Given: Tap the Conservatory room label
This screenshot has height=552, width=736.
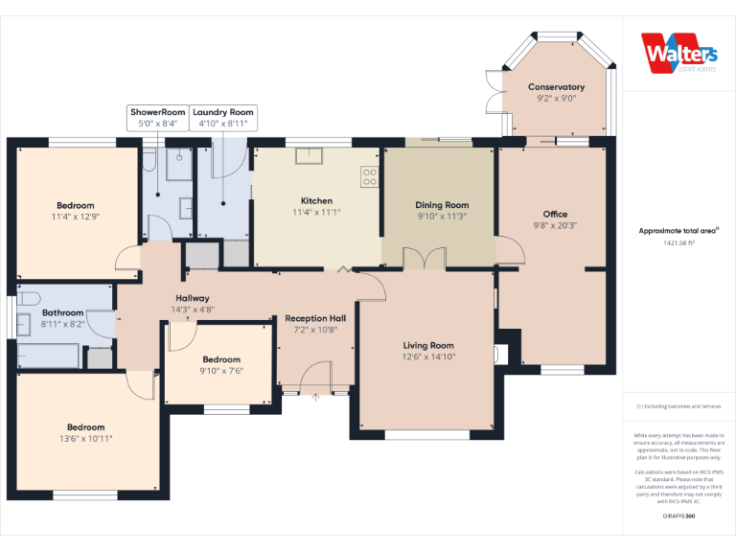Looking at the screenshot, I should tap(556, 87).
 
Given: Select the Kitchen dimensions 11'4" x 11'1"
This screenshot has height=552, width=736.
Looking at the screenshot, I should tap(316, 212).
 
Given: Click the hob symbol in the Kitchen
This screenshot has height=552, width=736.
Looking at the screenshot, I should tap(369, 177).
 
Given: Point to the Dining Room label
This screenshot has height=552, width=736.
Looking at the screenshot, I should tap(442, 205).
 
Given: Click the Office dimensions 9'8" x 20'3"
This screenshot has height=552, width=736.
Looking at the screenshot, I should tap(555, 225).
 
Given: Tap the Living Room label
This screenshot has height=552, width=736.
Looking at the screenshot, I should tap(427, 345).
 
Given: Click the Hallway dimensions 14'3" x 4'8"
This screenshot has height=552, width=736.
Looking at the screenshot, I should tap(192, 310).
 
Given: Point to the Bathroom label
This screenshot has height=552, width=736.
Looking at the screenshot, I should tap(63, 312).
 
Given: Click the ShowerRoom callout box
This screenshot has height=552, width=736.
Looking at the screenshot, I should tap(157, 117).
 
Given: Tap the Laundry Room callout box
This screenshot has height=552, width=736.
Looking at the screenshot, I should tap(222, 117).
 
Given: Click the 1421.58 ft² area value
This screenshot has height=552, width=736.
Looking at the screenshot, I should tap(678, 242).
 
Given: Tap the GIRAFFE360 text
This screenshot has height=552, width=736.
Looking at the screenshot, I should tap(678, 517).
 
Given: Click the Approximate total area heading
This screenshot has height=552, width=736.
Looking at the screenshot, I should tap(678, 231).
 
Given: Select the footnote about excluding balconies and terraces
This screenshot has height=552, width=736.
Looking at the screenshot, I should tap(678, 406).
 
